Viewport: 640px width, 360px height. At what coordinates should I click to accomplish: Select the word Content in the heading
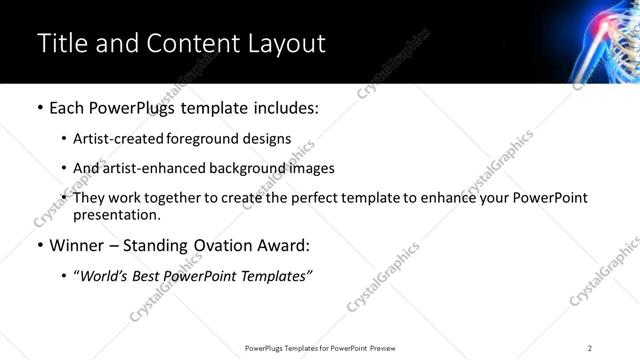pos(192,43)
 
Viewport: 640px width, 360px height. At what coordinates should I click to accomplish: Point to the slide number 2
pos(590,348)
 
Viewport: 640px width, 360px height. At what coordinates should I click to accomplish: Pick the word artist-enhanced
pos(144,168)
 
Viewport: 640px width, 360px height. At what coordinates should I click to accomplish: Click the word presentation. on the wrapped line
pos(116,214)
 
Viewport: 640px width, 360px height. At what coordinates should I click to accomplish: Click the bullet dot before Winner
pos(39,245)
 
